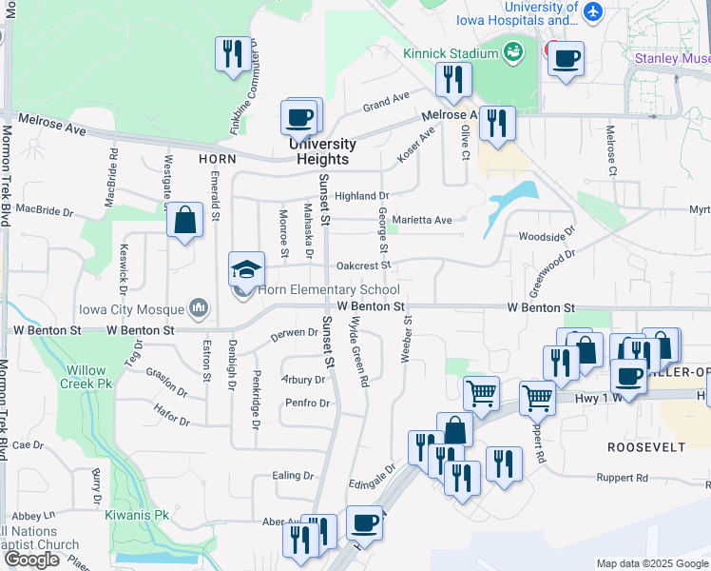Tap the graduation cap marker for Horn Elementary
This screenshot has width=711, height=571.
pos(246,270)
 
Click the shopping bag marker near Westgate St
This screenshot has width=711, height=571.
pos(185,222)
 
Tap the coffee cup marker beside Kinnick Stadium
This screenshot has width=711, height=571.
pos(566,60)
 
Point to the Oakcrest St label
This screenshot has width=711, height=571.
pos(364,266)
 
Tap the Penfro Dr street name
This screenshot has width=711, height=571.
pos(309,404)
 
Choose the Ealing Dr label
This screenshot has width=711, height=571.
pos(293,476)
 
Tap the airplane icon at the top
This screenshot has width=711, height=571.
pos(594,11)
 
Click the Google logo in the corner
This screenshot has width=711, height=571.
pos(31,560)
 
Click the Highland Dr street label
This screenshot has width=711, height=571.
pos(355,196)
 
